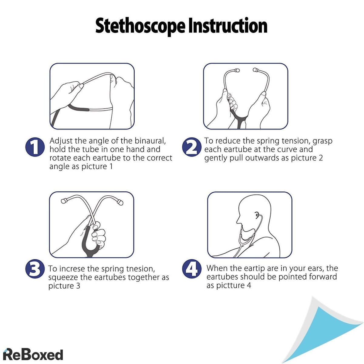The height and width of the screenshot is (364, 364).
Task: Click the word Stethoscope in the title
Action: click(x=140, y=26)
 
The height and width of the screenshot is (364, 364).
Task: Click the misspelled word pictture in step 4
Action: click(x=231, y=285)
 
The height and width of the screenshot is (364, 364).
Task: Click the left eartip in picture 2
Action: click(x=237, y=70)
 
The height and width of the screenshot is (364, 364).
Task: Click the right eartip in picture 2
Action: click(x=255, y=70)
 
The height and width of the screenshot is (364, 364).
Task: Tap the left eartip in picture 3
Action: click(x=64, y=201)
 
